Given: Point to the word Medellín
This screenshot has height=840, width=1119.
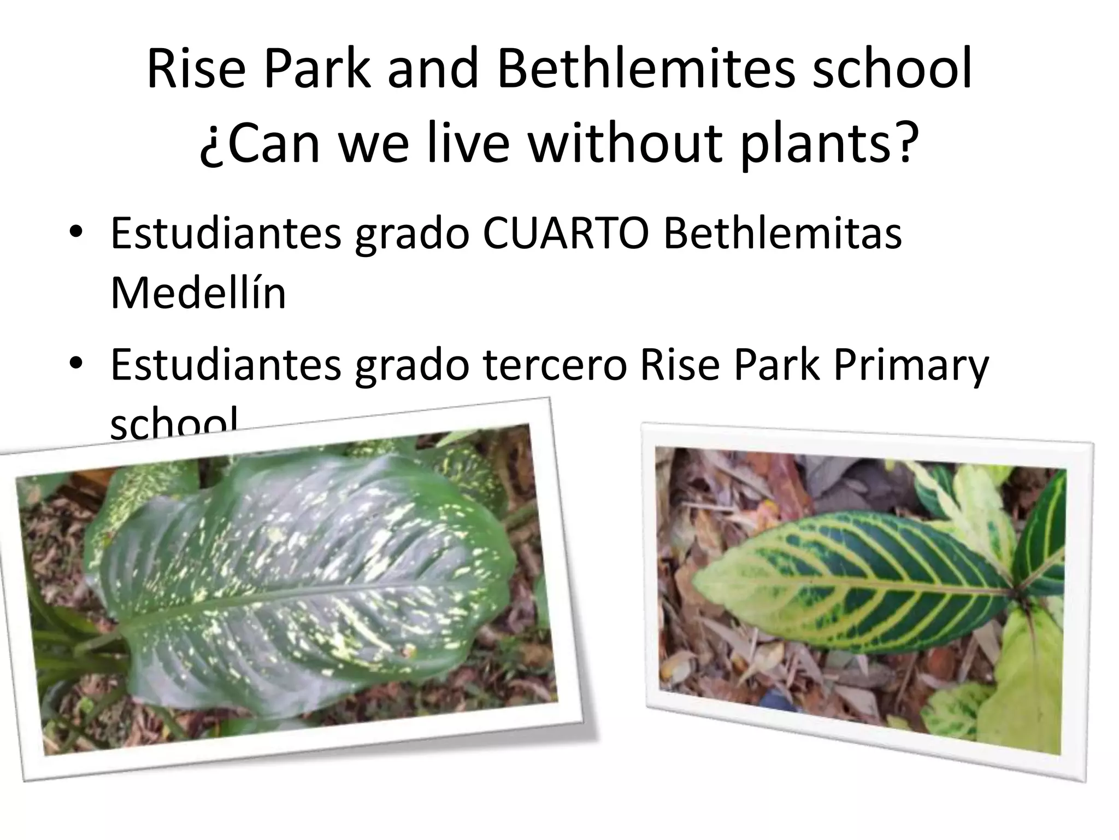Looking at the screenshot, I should pyautogui.click(x=198, y=293).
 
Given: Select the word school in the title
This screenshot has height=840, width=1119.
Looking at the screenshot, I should pyautogui.click(x=892, y=71).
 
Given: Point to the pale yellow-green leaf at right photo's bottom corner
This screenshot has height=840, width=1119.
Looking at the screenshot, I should pyautogui.click(x=1022, y=689).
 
